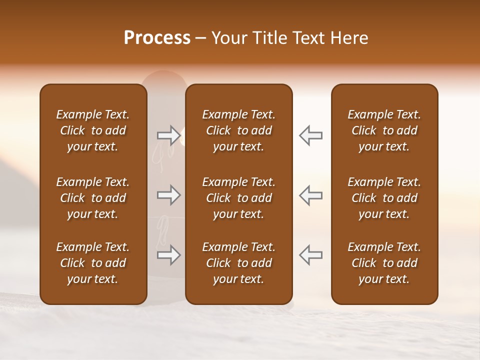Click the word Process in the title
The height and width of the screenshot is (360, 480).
point(157,38)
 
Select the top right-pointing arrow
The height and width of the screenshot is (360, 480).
point(168,134)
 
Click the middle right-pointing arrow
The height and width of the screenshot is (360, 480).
point(168,195)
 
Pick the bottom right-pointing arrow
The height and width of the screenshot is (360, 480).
point(168,255)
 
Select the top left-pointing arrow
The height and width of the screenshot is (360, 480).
point(311,135)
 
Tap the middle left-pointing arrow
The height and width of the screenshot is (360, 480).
point(311,195)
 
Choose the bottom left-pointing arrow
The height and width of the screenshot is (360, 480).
point(311,255)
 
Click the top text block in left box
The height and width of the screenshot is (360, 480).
point(93,130)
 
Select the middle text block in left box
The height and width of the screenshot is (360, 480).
point(93,198)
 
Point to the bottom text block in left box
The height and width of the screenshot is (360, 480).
point(93,263)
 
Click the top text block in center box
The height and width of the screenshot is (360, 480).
point(238,130)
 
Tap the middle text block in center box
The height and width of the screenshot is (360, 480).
point(238,198)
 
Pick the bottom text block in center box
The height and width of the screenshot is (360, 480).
point(238,263)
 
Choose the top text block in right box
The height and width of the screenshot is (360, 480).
point(384,130)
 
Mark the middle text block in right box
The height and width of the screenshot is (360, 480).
point(384,198)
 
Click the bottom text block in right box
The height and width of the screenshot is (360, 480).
point(384,263)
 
